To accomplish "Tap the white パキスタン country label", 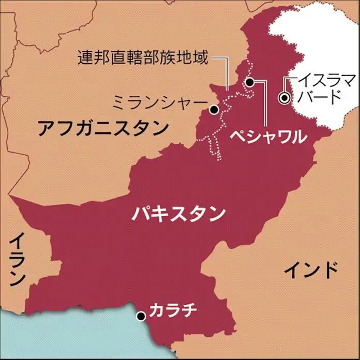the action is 178,213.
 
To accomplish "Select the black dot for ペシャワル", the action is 249,82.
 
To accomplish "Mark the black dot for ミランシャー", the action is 213,110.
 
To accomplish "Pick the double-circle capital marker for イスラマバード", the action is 283,97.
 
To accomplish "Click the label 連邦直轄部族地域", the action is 143,57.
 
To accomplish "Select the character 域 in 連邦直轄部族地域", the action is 200,57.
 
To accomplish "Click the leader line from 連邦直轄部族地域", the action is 227,78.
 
